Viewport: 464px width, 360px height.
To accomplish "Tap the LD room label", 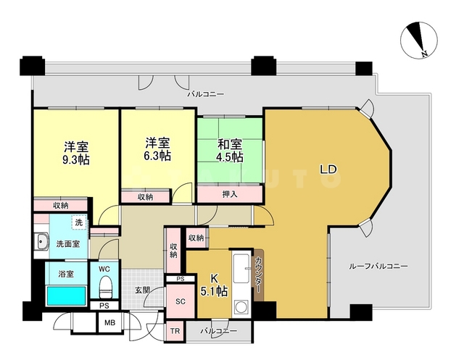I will tap(328, 169).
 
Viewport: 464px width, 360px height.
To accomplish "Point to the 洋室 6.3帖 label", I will tap(157, 148).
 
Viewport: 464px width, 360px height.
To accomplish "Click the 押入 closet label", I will tap(230, 194).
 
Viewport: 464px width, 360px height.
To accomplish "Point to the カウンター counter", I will tap(259, 276).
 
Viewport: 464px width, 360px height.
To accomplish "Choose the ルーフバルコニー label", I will tap(377, 266).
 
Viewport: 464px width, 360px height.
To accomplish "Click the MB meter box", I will tap(110, 324).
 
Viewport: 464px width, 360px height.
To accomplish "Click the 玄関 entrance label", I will tap(142, 290).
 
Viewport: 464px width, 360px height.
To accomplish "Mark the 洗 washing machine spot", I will tap(78, 222).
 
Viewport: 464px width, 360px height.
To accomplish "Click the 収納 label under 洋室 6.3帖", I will tap(146, 197).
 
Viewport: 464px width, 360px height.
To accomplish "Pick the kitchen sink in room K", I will tap(239, 262).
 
